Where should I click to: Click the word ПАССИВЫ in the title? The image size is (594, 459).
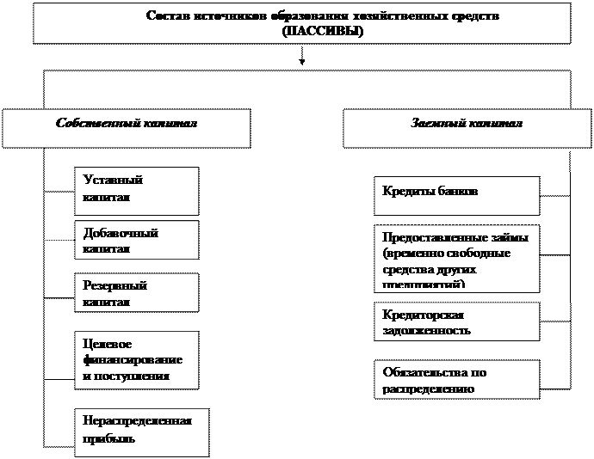(321, 30)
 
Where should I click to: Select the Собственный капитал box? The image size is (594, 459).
(126, 128)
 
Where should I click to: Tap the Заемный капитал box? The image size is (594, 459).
(467, 128)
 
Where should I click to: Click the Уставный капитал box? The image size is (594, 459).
(136, 190)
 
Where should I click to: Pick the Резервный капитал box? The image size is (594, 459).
(136, 292)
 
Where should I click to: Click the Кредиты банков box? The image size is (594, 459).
(457, 195)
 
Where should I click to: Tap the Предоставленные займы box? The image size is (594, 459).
(457, 258)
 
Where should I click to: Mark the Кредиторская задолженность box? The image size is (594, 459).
(457, 321)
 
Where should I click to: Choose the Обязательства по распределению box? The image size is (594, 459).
(457, 379)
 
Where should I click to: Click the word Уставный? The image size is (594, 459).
(112, 181)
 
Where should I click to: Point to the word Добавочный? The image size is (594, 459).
(120, 233)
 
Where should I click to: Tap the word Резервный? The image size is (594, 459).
(114, 285)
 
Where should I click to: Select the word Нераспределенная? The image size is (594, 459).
(137, 421)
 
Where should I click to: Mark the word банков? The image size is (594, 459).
(453, 192)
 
